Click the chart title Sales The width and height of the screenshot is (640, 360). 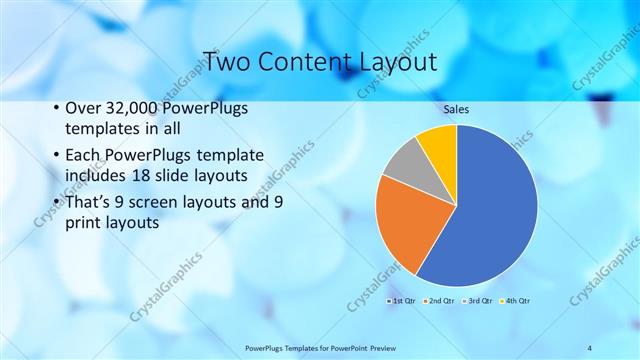(457, 109)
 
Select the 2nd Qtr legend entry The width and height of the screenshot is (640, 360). (440, 300)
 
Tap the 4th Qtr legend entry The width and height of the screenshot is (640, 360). (516, 300)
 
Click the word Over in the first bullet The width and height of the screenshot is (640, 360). (83, 108)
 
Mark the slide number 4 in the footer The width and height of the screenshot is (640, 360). (590, 347)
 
